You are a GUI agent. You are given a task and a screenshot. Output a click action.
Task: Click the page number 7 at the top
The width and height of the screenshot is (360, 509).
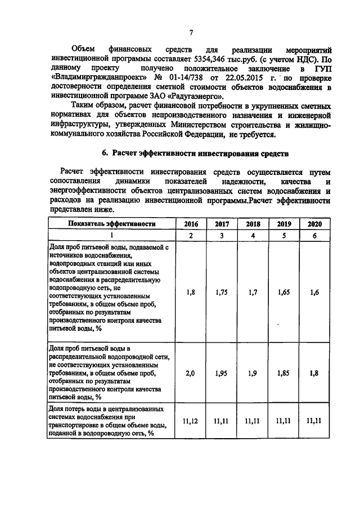click(x=191, y=31)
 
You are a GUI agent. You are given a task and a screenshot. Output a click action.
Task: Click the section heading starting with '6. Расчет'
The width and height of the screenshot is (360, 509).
click(x=195, y=153)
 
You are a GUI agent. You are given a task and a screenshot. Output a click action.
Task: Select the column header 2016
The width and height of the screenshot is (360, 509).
click(x=191, y=223)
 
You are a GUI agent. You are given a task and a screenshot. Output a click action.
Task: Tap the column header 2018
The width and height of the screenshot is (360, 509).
click(x=252, y=223)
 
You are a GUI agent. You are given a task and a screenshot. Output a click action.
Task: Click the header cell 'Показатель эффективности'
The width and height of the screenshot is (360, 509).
click(x=111, y=223)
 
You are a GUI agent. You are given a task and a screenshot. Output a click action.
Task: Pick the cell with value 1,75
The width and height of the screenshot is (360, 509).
click(x=222, y=292)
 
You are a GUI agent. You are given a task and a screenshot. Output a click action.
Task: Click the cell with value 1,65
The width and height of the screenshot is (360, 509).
click(x=283, y=292)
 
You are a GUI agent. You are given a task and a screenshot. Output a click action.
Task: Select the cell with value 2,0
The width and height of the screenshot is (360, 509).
click(x=191, y=372)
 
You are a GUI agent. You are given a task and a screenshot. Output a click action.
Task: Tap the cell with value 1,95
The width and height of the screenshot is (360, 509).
click(x=222, y=372)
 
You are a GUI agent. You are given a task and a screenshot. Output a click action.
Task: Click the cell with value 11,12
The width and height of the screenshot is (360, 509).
click(x=191, y=420)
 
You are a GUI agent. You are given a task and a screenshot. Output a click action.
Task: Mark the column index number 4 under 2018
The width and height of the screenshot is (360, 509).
click(x=252, y=236)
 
